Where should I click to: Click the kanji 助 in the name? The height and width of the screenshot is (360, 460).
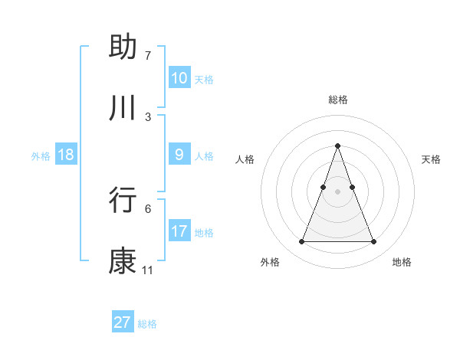123,47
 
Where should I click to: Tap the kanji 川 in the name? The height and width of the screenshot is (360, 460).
123,109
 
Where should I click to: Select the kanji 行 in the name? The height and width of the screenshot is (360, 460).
123,200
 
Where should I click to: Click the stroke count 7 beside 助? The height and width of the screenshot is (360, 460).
147,56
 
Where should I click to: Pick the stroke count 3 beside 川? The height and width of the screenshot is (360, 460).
147,117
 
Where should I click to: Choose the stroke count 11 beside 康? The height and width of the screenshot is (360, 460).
147,270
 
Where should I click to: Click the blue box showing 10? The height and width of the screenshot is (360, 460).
179,78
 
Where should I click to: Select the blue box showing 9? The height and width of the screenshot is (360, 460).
179,155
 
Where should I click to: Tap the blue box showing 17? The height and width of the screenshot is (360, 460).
179,231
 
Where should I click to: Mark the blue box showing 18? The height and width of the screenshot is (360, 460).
66,155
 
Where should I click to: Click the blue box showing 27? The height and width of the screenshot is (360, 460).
123,322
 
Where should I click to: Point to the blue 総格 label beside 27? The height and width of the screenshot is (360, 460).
147,324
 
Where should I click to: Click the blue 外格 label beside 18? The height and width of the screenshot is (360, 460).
41,156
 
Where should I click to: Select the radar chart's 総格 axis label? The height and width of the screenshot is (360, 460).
337,100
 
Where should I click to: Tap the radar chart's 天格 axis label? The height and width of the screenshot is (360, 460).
431,159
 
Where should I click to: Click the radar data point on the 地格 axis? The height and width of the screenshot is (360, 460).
374,242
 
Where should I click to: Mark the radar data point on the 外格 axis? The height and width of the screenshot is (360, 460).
301,242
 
